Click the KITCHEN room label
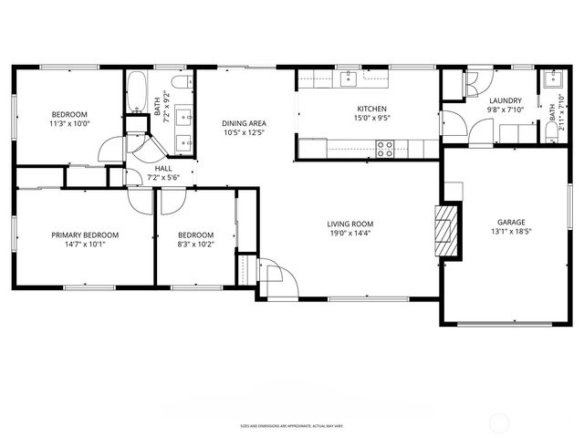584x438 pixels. click(371, 108)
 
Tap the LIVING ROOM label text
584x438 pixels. click(351, 224)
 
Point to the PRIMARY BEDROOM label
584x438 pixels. click(85, 235)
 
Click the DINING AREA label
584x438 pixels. click(244, 123)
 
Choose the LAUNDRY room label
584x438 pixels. click(505, 100)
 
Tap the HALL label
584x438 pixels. click(163, 168)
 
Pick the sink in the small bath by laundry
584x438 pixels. click(551, 79)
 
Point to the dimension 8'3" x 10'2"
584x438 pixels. click(195, 245)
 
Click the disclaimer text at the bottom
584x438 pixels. click(292, 425)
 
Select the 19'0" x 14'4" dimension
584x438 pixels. click(351, 234)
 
